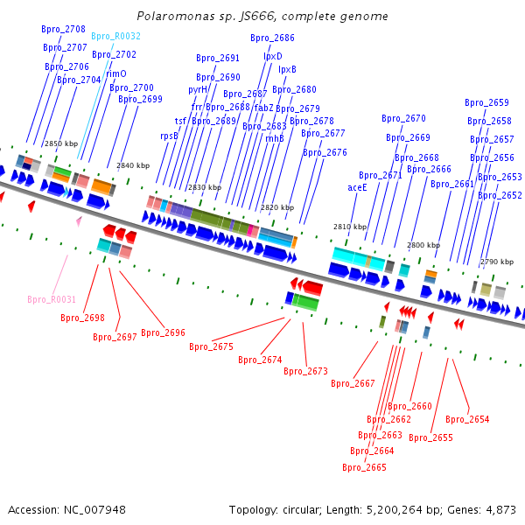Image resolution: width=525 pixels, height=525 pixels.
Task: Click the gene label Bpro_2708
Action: click(x=63, y=29)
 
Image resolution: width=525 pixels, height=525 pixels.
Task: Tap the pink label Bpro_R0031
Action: click(x=51, y=299)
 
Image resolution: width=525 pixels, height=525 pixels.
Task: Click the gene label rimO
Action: click(x=116, y=74)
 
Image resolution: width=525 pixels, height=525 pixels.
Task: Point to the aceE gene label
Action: click(x=357, y=187)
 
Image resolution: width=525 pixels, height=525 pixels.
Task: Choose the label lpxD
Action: click(x=273, y=56)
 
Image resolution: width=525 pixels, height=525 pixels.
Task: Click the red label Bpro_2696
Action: click(x=163, y=332)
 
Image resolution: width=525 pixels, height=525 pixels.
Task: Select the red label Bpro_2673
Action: click(x=305, y=371)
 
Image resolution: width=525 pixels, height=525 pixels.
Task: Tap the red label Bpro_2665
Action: click(x=364, y=467)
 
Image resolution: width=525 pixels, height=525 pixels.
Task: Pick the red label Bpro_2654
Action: click(x=467, y=419)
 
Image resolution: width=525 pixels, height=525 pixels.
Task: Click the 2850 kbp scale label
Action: click(x=60, y=143)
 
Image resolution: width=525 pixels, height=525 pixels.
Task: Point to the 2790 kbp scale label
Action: click(x=496, y=262)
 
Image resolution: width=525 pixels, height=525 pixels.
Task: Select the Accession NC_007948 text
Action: click(x=66, y=509)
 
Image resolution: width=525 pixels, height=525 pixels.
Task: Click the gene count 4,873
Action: click(x=500, y=509)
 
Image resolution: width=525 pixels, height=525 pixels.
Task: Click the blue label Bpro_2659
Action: click(x=486, y=102)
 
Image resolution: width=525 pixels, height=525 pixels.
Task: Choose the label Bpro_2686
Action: click(x=272, y=38)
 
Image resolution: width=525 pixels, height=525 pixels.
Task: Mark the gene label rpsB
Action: click(x=169, y=136)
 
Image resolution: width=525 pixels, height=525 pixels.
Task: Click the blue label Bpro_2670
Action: click(x=403, y=118)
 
